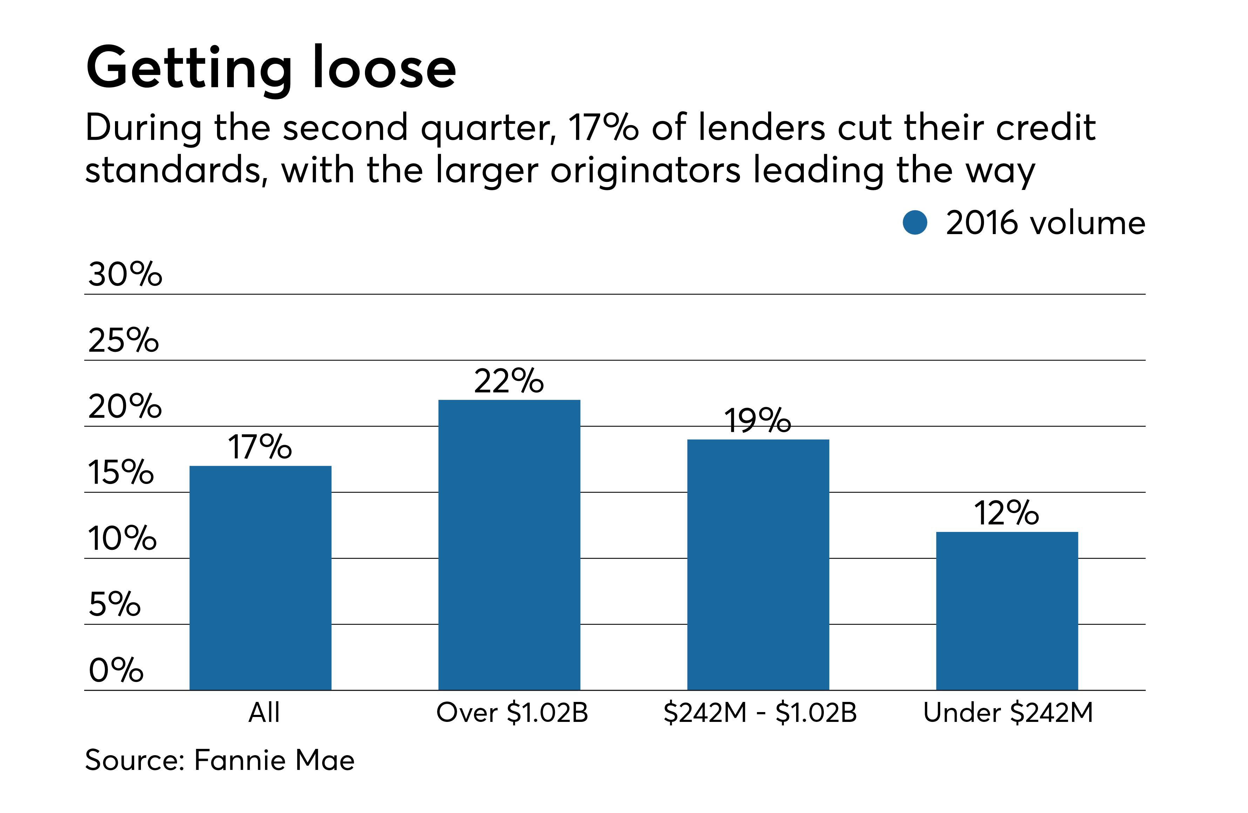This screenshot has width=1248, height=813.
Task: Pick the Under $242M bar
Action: pyautogui.click(x=1007, y=611)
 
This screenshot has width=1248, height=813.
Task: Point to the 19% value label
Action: pyautogui.click(x=757, y=421)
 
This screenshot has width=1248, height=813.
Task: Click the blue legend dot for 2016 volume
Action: pyautogui.click(x=915, y=223)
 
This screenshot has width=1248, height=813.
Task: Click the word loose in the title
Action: pyautogui.click(x=384, y=68)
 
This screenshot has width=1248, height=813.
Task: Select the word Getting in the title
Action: pyautogui.click(x=189, y=68)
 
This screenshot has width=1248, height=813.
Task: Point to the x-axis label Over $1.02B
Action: pyautogui.click(x=512, y=712)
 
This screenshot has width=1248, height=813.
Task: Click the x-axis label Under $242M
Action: pyautogui.click(x=1008, y=712)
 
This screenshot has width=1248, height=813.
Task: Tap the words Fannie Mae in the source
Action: pyautogui.click(x=274, y=760)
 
